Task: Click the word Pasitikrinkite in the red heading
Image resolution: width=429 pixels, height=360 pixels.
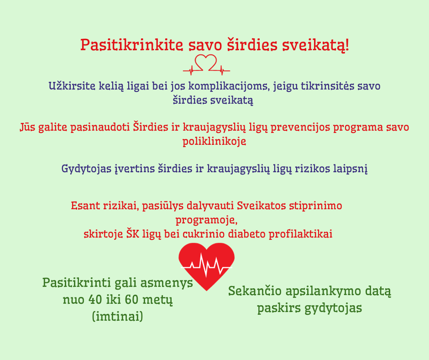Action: tap(131, 45)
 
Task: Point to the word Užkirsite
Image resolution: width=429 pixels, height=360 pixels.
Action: tap(72, 86)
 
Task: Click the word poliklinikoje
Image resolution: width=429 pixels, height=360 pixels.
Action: tap(214, 142)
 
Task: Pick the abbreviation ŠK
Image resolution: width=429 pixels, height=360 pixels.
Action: tap(133, 234)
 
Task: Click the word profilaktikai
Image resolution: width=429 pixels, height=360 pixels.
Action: tap(300, 234)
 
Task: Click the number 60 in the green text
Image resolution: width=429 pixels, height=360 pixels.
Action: tap(131, 300)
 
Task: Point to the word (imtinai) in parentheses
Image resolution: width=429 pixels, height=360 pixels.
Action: tap(118, 317)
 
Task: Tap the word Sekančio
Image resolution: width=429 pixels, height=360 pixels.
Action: tap(255, 291)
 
